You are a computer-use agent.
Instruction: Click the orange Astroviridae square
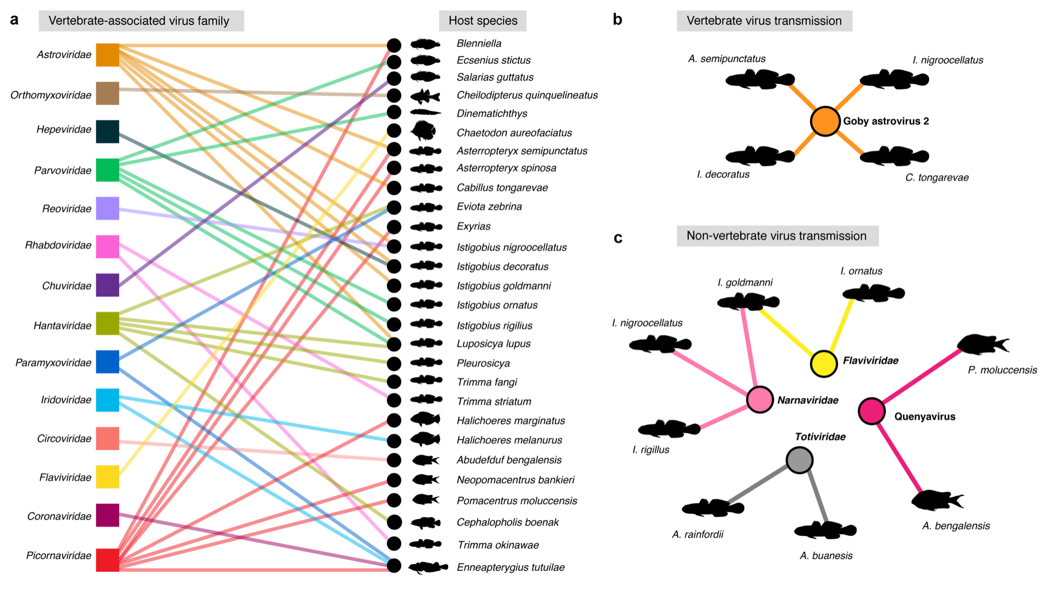coord(108,55)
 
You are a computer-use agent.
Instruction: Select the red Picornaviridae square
coord(108,560)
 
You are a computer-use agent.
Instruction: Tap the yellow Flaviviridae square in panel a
coord(108,477)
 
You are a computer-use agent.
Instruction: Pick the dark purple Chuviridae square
coord(108,285)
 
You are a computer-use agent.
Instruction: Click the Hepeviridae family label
coord(64,130)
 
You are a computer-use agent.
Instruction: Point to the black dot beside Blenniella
coord(394,45)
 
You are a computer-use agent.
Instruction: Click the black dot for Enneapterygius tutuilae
coord(394,565)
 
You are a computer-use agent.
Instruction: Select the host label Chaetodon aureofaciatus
coord(514,133)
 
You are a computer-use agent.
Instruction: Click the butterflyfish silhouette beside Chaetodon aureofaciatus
coord(423,131)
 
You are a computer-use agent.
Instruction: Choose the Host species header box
coord(483,21)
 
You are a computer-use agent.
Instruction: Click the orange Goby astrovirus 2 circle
coord(825,121)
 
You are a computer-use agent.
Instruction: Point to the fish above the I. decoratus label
coord(760,156)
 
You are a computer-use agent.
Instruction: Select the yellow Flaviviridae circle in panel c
coord(824,364)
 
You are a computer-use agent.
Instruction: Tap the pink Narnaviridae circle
coord(760,399)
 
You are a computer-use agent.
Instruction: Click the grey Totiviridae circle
coord(800,460)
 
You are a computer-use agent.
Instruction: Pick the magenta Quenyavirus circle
coord(872,411)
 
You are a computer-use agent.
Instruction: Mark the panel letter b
coord(618,20)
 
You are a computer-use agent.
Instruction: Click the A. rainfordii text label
coord(697,534)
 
